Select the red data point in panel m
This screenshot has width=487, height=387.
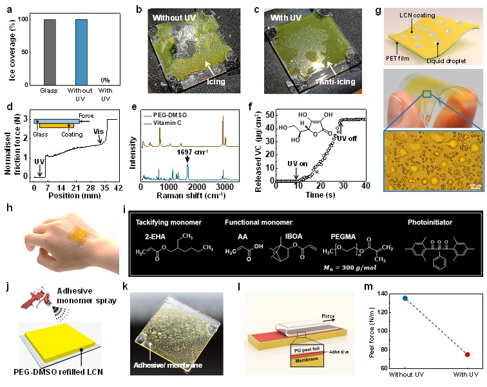467,354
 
